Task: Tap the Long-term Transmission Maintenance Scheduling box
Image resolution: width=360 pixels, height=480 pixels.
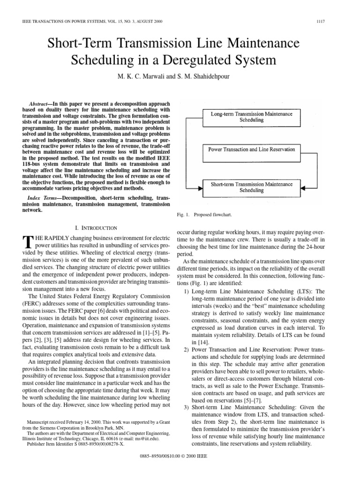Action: coord(251,116)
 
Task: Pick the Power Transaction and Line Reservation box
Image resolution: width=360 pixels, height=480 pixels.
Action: coord(251,149)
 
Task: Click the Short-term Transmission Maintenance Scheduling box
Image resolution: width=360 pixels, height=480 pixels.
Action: coord(251,187)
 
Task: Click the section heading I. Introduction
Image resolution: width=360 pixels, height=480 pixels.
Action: coord(96,228)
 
